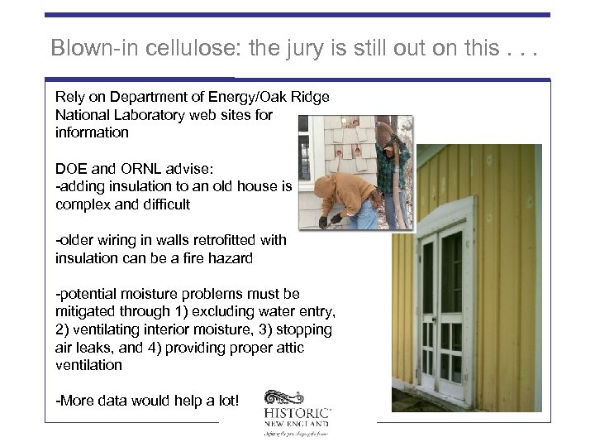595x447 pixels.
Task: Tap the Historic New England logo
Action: click(x=297, y=412)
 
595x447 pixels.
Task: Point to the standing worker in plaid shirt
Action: click(x=392, y=166)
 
